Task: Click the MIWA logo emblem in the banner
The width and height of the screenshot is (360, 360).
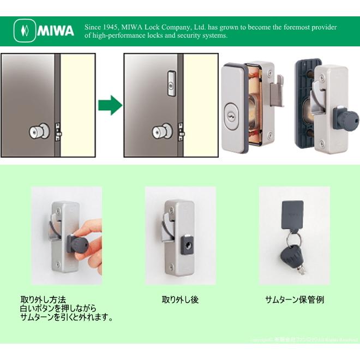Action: tap(24, 31)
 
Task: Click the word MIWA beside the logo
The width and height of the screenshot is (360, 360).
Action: tap(56, 31)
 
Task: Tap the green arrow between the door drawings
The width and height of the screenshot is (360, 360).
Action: tap(110, 105)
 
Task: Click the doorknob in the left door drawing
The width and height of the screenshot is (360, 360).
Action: tap(40, 132)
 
